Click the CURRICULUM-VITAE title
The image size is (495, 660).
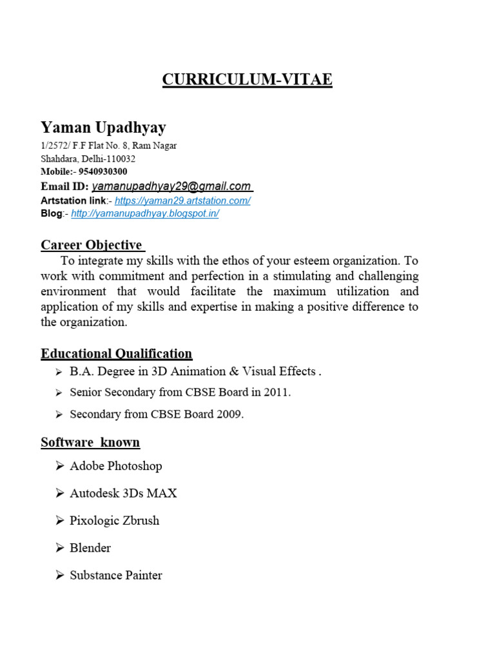coord(247,80)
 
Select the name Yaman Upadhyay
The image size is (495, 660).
coord(103,127)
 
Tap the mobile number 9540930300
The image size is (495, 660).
coord(102,171)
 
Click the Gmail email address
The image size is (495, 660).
coord(171,186)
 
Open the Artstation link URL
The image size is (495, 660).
coord(182,200)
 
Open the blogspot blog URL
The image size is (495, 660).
coord(145,213)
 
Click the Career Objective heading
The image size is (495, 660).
coord(92,245)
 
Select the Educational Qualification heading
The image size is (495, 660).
coord(116,353)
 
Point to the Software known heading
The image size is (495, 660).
coord(90,442)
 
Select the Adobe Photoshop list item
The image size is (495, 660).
coord(116,466)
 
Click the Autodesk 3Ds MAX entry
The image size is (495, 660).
coord(123,493)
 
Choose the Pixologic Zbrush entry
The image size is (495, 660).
coord(114,521)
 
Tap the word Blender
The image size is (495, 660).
coord(90,548)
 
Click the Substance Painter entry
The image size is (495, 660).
coord(116,576)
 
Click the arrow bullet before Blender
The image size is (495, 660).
coord(60,548)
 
